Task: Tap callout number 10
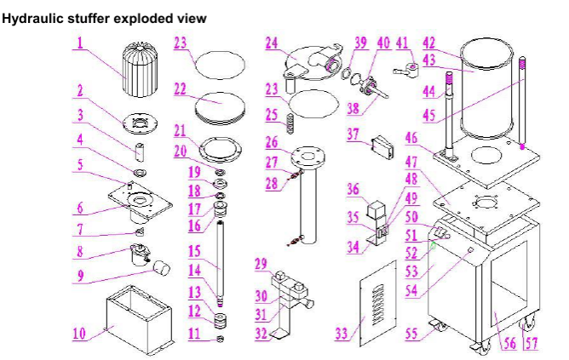78,334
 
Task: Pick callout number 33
342,334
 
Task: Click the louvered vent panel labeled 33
374,301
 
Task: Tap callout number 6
78,207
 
